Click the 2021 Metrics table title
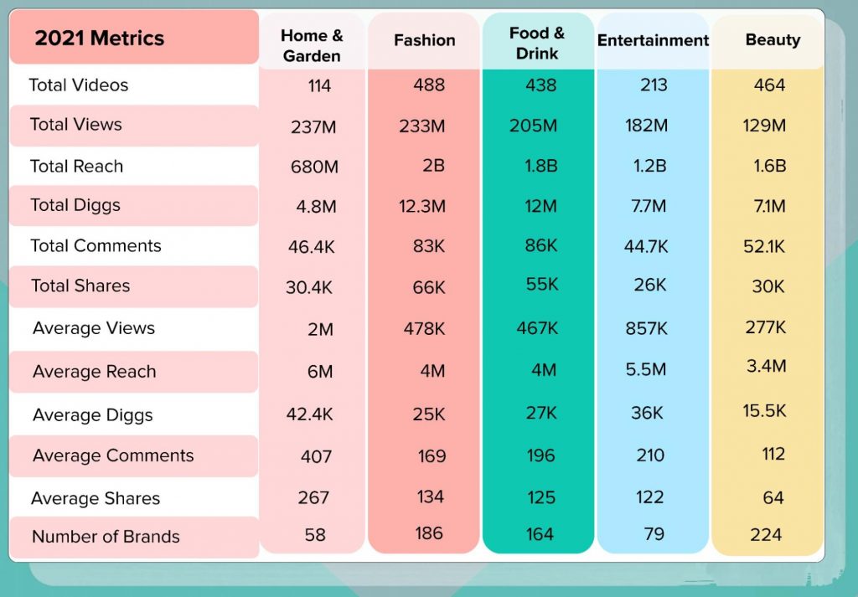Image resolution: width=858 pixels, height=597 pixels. pos(100,39)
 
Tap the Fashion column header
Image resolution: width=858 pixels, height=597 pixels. pos(425,40)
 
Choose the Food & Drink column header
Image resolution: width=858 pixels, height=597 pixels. pos(537,44)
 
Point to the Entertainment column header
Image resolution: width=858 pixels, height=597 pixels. pos(653,40)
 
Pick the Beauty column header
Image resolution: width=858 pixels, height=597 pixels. pos(773,40)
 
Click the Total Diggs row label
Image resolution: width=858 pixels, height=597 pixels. pos(75,205)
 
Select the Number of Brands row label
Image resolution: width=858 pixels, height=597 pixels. pos(106,537)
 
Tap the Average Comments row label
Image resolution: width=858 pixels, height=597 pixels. pos(113,455)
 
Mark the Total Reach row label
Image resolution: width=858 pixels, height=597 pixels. pos(76,166)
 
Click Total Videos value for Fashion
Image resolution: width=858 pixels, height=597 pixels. pos(429,85)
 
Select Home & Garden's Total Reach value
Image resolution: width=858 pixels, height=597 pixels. pos(314,167)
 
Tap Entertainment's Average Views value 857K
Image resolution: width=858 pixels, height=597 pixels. pos(646,328)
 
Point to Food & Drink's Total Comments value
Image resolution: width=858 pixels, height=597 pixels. pos(540,246)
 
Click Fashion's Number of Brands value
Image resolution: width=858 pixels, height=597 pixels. pos(428,533)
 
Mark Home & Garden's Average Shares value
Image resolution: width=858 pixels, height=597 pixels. pos(313,497)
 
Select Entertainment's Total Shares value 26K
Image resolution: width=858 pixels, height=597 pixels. pos(650,286)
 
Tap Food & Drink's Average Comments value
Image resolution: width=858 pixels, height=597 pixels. pos(541,455)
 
